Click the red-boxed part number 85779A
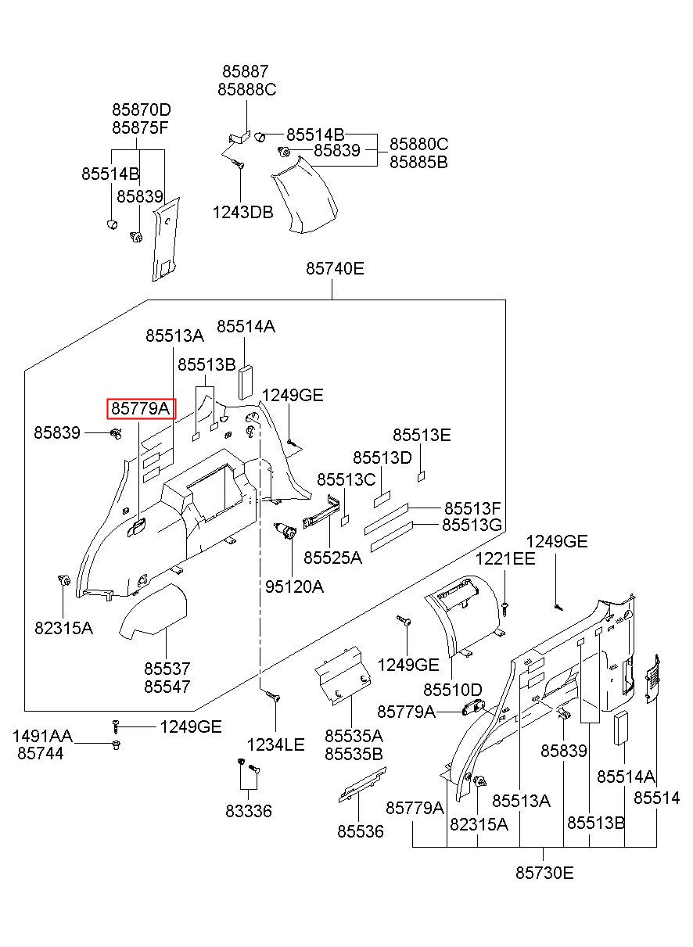tap(140, 409)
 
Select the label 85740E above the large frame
tap(335, 269)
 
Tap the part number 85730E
tap(544, 873)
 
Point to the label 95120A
tap(294, 586)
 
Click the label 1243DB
tap(242, 213)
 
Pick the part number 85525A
tap(332, 558)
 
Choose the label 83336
tap(249, 811)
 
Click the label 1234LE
tap(275, 745)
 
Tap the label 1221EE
tap(505, 559)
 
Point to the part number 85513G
tap(472, 525)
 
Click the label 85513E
tap(422, 435)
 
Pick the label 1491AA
tap(42, 736)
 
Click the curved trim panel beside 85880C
tap(304, 195)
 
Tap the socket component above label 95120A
tap(285, 531)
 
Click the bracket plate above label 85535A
tap(343, 676)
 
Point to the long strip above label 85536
tap(362, 784)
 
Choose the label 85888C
tap(247, 90)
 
